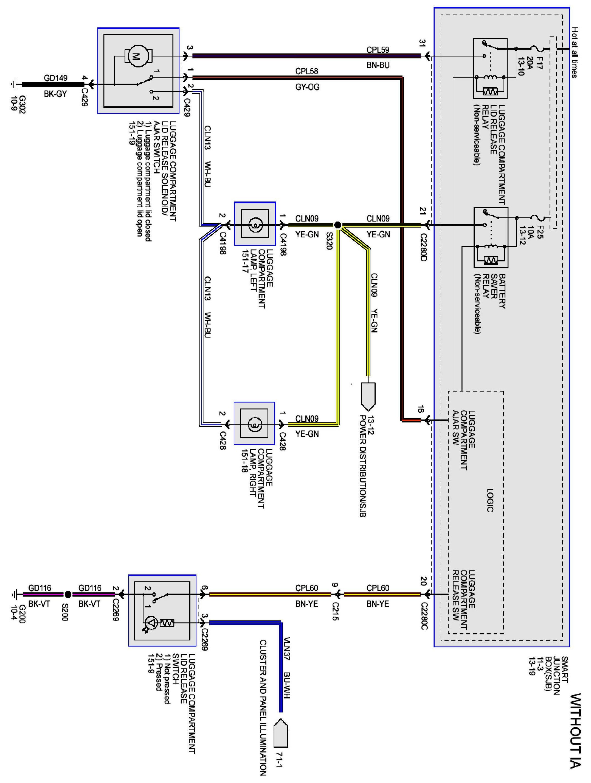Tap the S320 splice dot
pyautogui.click(x=338, y=225)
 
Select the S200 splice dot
pyautogui.click(x=68, y=594)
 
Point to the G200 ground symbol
pyautogui.click(x=14, y=594)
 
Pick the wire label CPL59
pyautogui.click(x=378, y=50)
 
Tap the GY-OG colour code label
pyautogui.click(x=307, y=87)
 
